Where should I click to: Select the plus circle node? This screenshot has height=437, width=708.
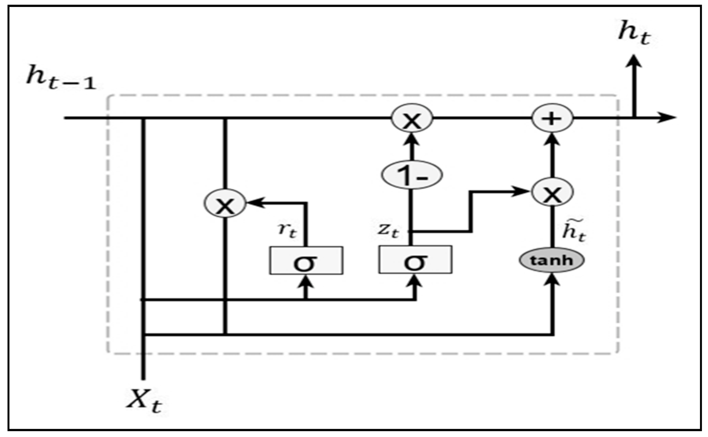pyautogui.click(x=552, y=118)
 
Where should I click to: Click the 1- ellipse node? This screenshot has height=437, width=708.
pyautogui.click(x=412, y=175)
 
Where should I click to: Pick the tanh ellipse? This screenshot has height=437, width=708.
pyautogui.click(x=552, y=261)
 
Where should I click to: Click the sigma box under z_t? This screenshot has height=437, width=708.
pyautogui.click(x=415, y=259)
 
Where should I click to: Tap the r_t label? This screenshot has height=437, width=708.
pyautogui.click(x=287, y=231)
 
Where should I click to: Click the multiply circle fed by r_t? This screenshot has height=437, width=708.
pyautogui.click(x=225, y=203)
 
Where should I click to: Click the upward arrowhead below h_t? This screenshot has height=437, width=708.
pyautogui.click(x=634, y=61)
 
